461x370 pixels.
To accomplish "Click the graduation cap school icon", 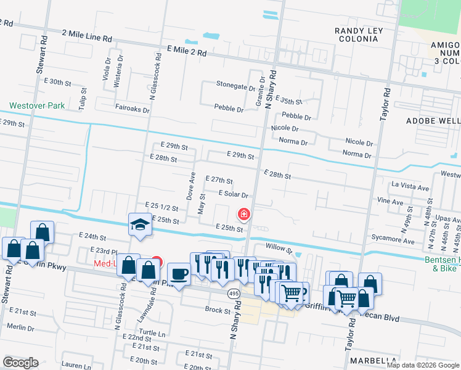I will pyautogui.click(x=140, y=225).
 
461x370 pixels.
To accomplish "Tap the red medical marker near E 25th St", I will pyautogui.click(x=244, y=214).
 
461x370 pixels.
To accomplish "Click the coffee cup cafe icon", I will pyautogui.click(x=179, y=274).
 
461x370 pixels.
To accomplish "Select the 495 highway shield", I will pyautogui.click(x=234, y=293).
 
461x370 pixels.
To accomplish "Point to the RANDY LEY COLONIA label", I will pyautogui.click(x=359, y=35).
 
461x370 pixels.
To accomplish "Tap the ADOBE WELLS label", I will pyautogui.click(x=432, y=120).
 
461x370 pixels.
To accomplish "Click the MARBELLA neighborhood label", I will pyautogui.click(x=372, y=360).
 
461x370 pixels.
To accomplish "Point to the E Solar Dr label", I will pyautogui.click(x=233, y=194).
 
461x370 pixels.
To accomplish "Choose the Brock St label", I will pyautogui.click(x=218, y=310).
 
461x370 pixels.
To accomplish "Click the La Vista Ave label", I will pyautogui.click(x=410, y=187).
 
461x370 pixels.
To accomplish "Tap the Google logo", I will pyautogui.click(x=20, y=362).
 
